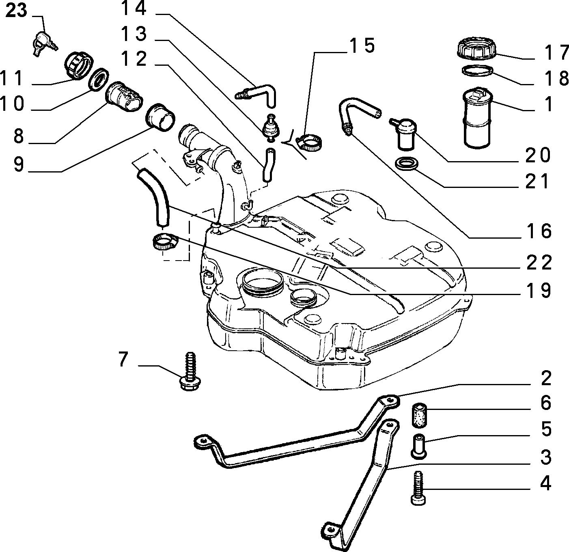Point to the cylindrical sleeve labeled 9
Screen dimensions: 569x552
[x=160, y=117]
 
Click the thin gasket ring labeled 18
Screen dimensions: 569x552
[x=477, y=71]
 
